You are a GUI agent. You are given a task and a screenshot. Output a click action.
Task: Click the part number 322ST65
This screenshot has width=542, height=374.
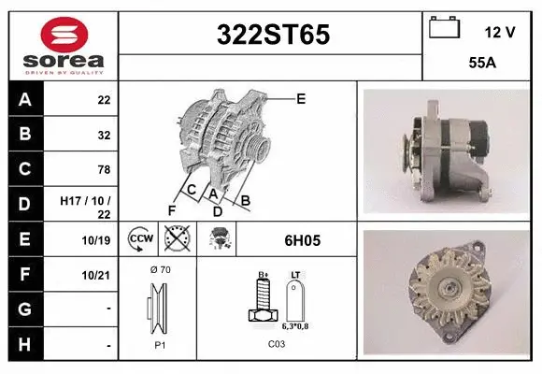point(273,36)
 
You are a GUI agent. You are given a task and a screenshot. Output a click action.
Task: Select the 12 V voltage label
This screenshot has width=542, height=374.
point(500,32)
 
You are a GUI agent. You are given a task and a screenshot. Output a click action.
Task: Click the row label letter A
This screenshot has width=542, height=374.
point(24,100)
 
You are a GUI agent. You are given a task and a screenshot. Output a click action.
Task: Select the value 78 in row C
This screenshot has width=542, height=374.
point(104,169)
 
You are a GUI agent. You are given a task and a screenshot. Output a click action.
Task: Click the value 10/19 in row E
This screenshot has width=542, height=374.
point(98,240)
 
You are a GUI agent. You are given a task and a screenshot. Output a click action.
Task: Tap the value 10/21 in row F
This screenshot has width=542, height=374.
point(98,274)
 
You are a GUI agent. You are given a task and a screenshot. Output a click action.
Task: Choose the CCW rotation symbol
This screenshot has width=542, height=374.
point(141,239)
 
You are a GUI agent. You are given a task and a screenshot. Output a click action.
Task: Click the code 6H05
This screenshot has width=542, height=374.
point(295,240)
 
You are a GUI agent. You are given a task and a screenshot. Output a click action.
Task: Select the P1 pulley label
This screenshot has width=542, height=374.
point(159,343)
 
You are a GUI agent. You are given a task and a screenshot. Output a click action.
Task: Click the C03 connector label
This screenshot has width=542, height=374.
point(277,343)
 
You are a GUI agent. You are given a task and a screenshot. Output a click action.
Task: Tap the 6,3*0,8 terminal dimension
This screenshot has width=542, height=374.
point(296,327)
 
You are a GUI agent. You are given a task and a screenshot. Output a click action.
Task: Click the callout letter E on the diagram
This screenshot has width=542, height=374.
point(300,97)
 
